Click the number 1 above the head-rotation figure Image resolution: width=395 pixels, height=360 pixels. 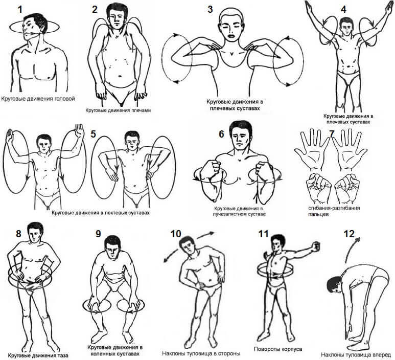coord(19,10)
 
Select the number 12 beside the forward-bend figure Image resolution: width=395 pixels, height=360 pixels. coord(349,234)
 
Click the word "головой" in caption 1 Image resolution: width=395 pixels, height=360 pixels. coord(64,99)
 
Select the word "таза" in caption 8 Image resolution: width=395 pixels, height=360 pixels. coord(62,355)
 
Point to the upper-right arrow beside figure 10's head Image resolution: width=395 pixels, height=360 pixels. coord(205,235)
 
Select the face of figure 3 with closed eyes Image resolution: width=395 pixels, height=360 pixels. coord(231,27)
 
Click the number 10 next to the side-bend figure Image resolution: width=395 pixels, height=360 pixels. coord(176,234)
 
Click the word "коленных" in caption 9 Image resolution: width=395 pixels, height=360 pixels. coord(100,354)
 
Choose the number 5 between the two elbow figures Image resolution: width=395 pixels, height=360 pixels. coord(93,134)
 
